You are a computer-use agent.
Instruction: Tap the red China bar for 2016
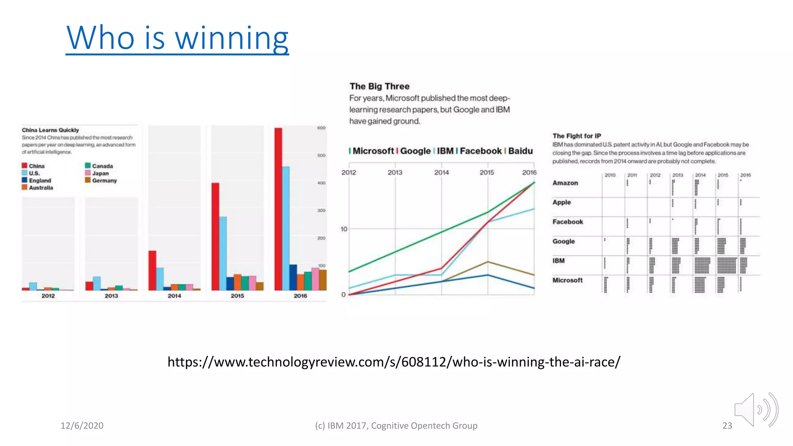[278, 209]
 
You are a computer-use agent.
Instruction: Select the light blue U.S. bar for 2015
[223, 254]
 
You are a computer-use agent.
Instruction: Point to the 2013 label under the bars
[111, 296]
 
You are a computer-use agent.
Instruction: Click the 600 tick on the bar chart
[321, 128]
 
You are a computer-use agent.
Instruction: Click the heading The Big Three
[379, 86]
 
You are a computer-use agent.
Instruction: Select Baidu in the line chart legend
[520, 151]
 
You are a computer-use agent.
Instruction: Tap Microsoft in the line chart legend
[373, 151]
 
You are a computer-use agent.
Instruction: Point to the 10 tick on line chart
[344, 229]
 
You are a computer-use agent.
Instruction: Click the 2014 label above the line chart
[441, 172]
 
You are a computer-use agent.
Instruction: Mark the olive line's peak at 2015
[488, 262]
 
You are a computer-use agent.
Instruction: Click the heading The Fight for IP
[577, 136]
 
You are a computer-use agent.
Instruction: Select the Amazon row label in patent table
[565, 183]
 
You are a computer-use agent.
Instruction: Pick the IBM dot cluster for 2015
[726, 266]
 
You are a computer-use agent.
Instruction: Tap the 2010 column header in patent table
[610, 175]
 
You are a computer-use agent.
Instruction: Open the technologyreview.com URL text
[394, 362]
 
